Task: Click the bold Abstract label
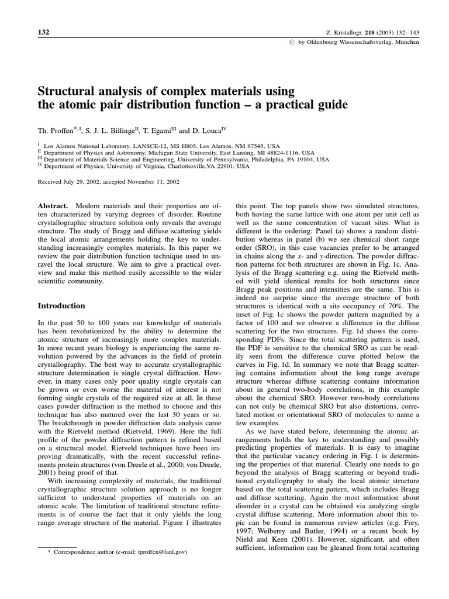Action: [53, 207]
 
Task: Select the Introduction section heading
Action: [61, 306]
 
